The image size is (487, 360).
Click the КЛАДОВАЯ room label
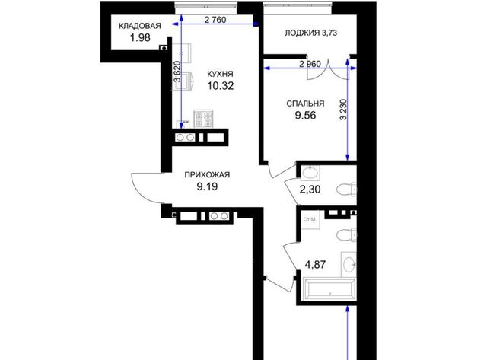pos(140,26)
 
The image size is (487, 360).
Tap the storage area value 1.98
pos(140,38)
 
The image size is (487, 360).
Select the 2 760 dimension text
pos(215,20)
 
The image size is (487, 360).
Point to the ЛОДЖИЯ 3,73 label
pos(311,33)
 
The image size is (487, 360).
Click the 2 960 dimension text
pos(310,64)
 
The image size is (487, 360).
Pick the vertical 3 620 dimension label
pos(177,72)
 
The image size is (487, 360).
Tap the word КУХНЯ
pos(220,74)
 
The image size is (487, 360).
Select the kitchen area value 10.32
pos(221,86)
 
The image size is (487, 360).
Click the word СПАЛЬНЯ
pos(305,104)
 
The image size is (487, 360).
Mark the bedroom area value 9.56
pos(306,115)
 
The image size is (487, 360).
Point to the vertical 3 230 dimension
pos(343,110)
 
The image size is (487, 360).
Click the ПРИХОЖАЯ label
pos(207,174)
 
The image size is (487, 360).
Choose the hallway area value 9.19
pos(207,186)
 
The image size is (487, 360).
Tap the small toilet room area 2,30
pos(310,190)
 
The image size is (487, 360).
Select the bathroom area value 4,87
pos(315,265)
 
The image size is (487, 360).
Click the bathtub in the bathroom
pos(329,289)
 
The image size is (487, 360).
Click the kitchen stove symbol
pos(203,119)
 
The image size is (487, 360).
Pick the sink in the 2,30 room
pos(310,173)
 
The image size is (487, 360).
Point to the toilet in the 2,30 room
pos(346,190)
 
